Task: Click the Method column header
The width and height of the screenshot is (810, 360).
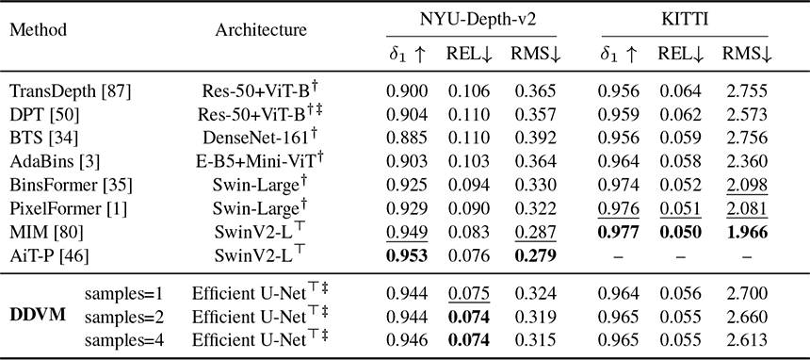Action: pos(39,30)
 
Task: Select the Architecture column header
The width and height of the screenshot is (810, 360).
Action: pos(261,30)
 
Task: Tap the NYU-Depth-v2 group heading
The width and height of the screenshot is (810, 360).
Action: pos(471,20)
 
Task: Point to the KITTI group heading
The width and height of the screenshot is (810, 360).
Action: pos(685,20)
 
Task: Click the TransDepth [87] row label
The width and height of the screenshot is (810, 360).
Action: pos(71,91)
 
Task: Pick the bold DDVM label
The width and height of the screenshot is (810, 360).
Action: pos(38,314)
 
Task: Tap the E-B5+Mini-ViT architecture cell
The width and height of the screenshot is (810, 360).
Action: pos(261,160)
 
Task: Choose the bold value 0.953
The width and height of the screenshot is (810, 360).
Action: pos(407,254)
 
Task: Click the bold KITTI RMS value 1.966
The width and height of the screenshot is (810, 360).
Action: pos(745,231)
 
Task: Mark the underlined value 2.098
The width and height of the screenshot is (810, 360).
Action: pos(745,186)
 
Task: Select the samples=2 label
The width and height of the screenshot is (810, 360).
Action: pos(123,317)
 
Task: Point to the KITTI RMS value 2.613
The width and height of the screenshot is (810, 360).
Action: pos(745,339)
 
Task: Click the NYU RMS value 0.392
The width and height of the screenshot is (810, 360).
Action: pos(535,138)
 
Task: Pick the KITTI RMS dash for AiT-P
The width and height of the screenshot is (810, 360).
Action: pos(745,255)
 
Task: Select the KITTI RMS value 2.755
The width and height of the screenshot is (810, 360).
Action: pos(745,91)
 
